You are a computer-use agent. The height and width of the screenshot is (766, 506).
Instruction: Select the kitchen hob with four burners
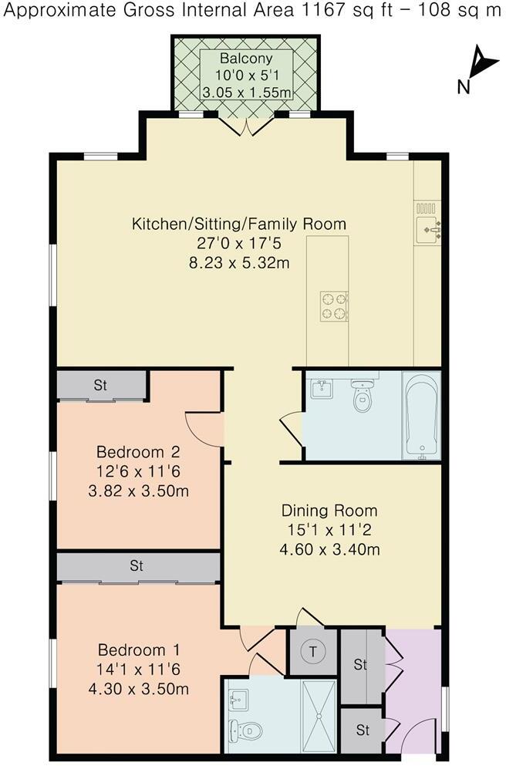coord(334,305)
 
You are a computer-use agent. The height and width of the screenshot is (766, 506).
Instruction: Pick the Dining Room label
coord(329,511)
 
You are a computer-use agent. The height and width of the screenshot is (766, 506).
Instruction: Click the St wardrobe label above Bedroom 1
coord(137,566)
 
